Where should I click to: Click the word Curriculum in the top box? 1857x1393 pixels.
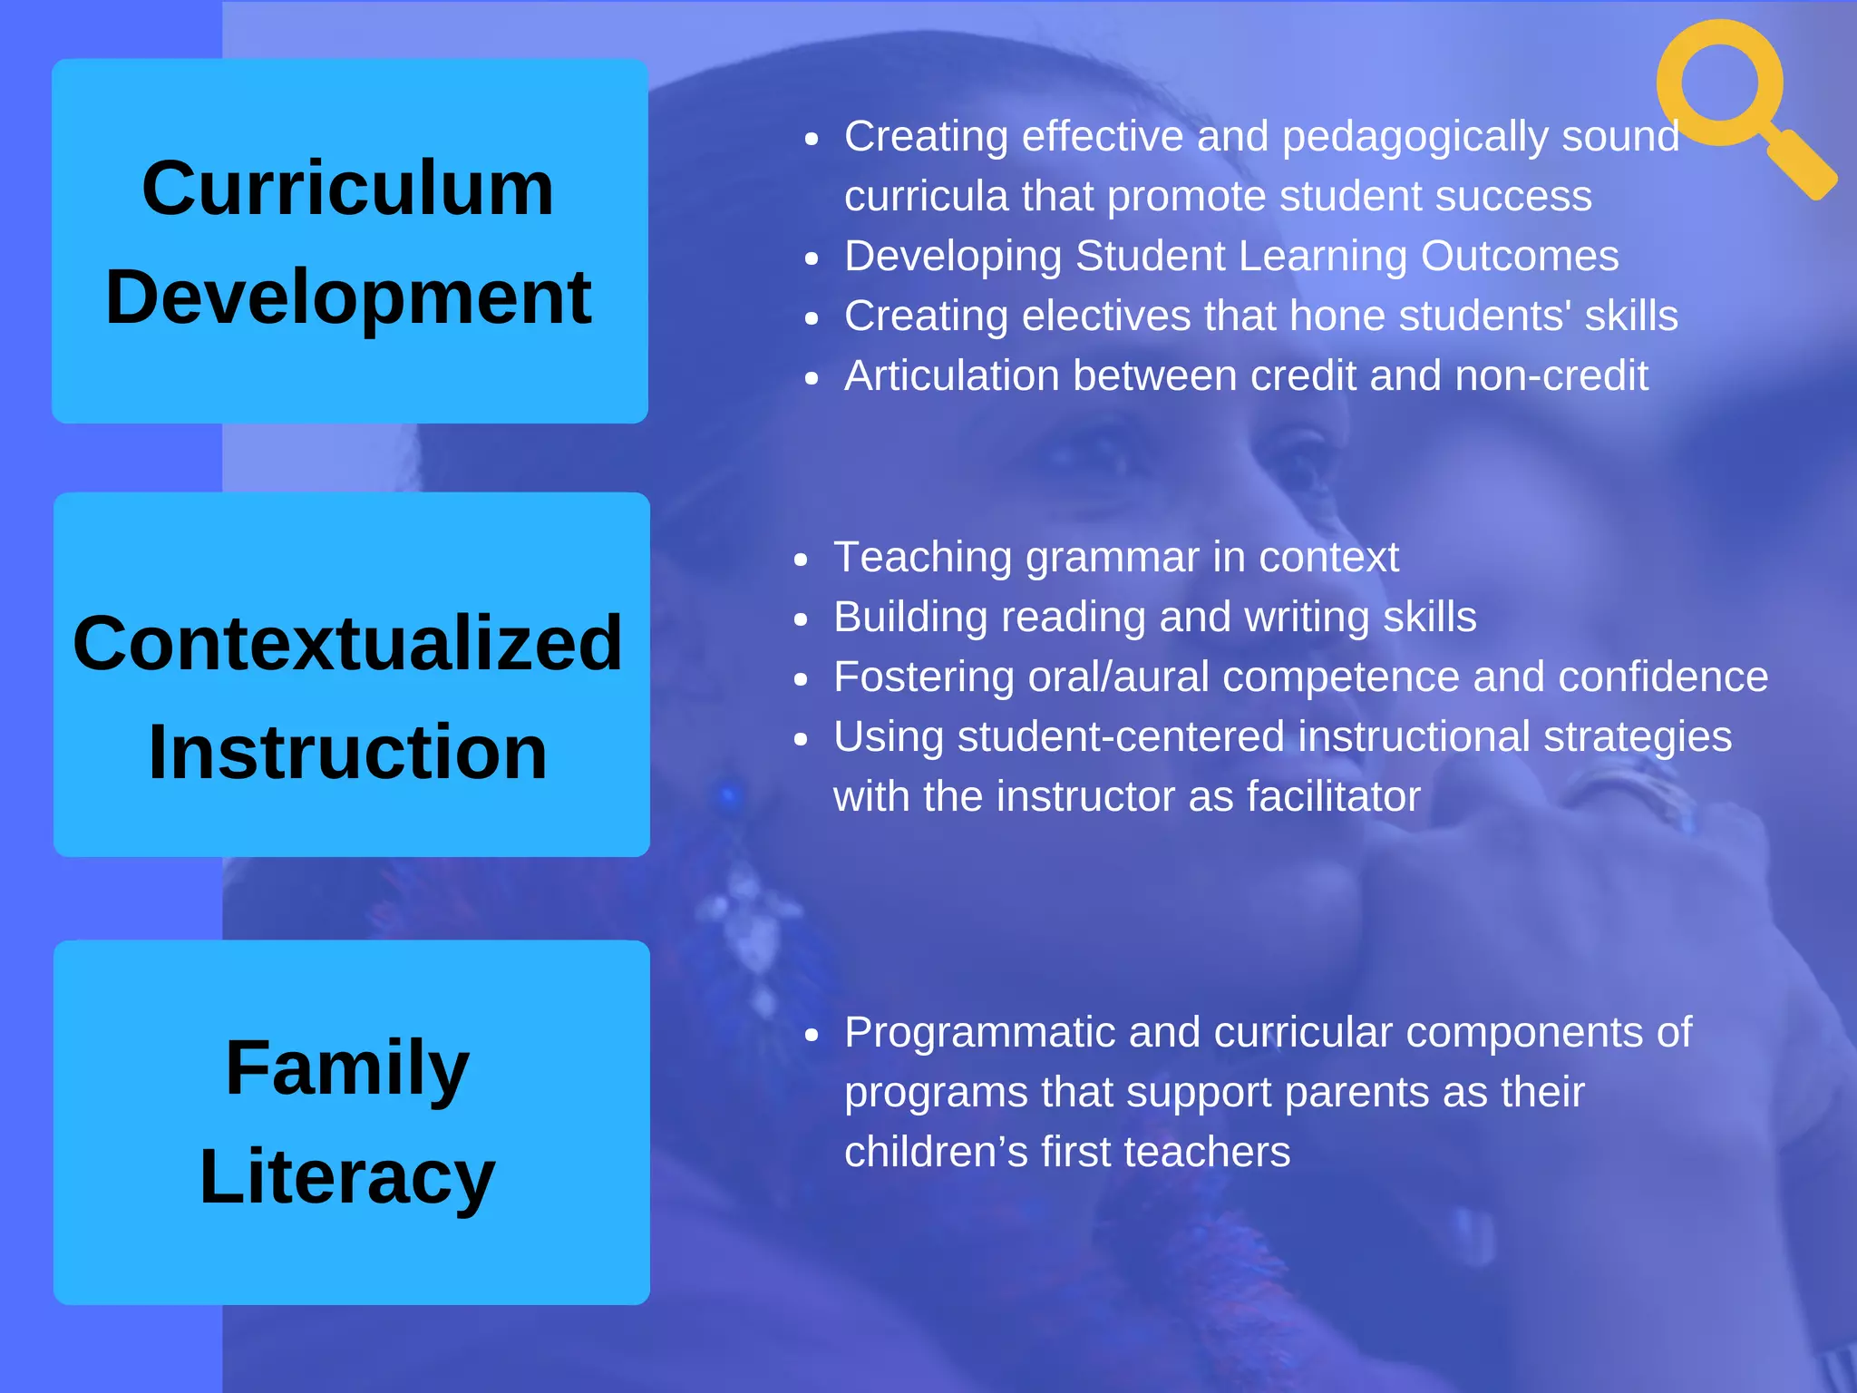tap(348, 189)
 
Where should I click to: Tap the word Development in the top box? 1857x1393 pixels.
tap(348, 297)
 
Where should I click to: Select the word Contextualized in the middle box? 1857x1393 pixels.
tap(348, 644)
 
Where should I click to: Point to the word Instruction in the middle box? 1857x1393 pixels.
tap(348, 753)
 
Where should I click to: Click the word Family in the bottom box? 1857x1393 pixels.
tap(348, 1068)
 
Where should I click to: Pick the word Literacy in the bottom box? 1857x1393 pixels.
tap(348, 1177)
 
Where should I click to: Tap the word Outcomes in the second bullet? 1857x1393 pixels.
tap(1520, 257)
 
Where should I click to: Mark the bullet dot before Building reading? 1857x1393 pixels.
tap(800, 619)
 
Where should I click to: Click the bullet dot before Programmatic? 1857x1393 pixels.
tap(812, 1035)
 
